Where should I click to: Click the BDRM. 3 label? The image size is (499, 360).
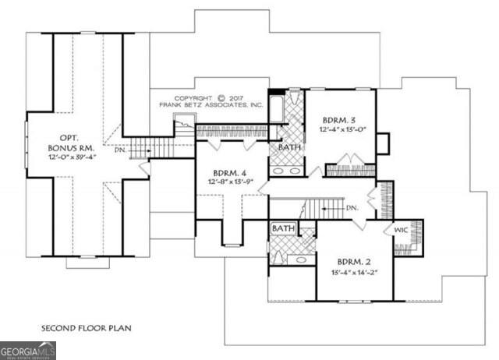tap(340, 120)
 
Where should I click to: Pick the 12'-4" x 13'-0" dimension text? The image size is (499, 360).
tap(340, 129)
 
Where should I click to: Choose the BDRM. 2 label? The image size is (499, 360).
tap(356, 263)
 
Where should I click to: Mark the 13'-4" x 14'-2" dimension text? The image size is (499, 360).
tap(356, 273)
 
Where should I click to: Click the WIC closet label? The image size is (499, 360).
tap(400, 231)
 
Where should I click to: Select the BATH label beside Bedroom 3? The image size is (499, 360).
tap(290, 146)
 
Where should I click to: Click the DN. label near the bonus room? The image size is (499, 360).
tap(119, 150)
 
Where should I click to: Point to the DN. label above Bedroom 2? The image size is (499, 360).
tap(352, 208)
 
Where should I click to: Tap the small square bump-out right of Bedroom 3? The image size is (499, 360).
tap(382, 144)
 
